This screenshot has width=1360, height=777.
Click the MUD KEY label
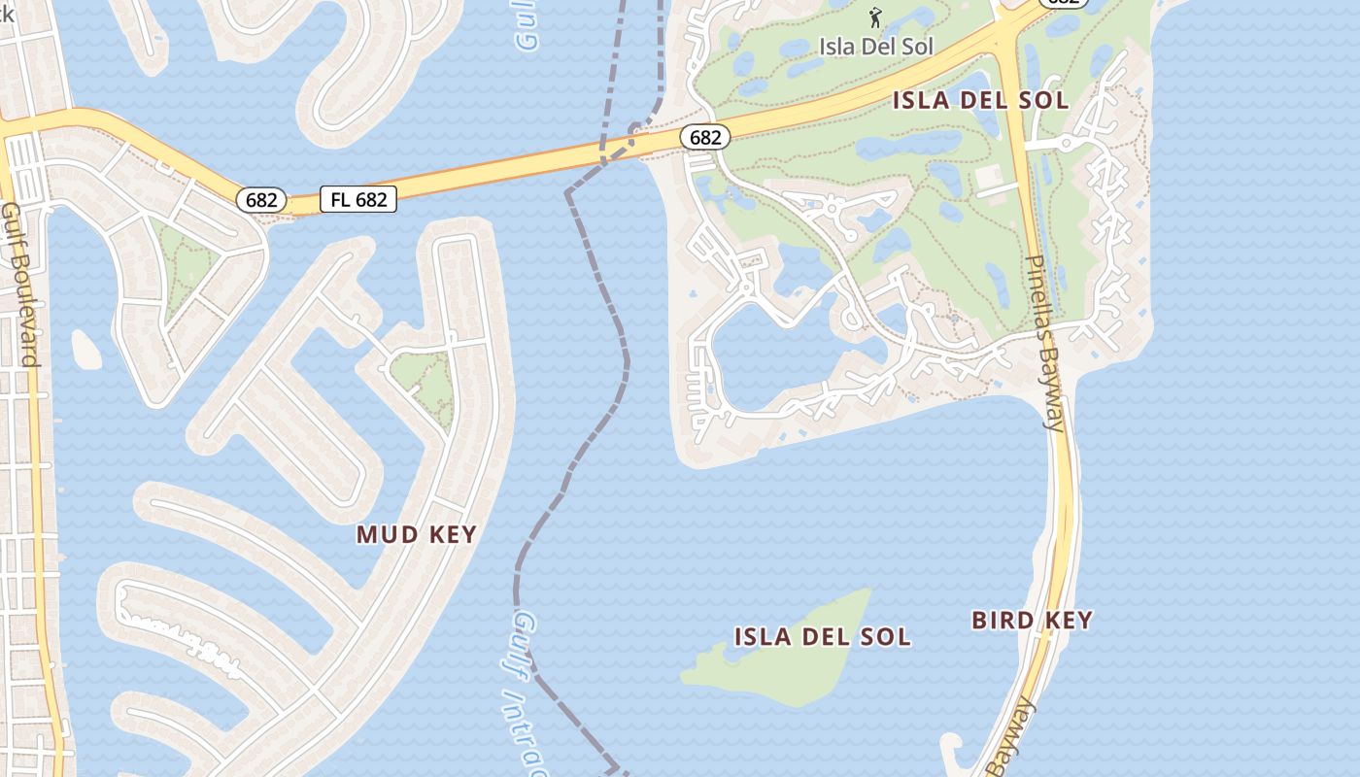coord(416,534)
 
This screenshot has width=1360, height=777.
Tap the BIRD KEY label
coord(1032,620)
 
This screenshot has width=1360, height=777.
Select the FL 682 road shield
coord(358,200)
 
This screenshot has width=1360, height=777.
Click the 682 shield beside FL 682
coord(261,200)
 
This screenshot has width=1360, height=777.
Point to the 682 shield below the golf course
coord(704,138)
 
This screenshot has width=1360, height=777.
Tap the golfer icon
coord(875,17)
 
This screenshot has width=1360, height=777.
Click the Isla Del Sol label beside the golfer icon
coord(875,46)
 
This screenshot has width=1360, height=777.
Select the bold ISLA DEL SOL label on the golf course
coord(980,100)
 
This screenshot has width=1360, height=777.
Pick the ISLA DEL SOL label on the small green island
coord(822,637)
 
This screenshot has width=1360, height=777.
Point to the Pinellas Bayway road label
coord(1047,342)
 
